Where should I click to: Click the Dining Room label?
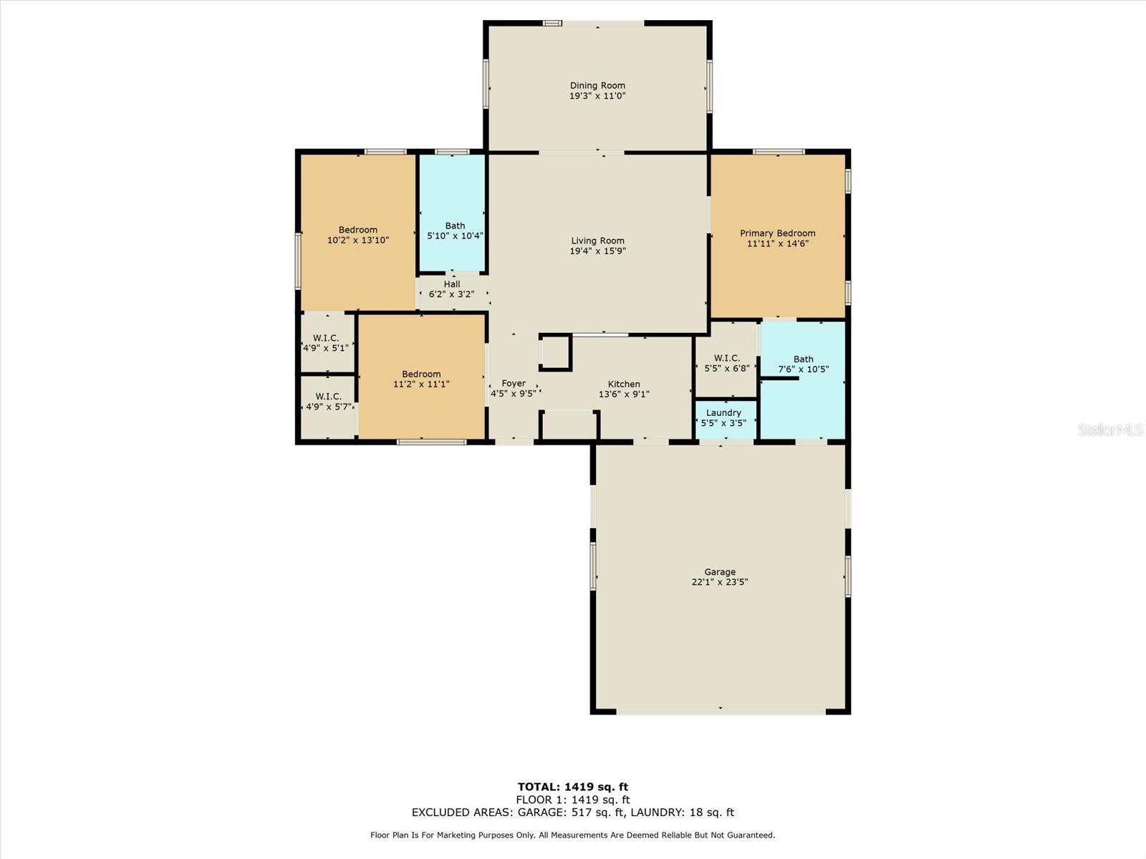(x=597, y=85)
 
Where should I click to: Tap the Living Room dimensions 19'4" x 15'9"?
(x=597, y=251)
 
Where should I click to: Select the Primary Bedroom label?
(x=777, y=233)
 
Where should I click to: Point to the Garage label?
(x=719, y=572)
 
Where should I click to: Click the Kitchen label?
(x=624, y=384)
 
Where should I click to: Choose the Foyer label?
(x=514, y=384)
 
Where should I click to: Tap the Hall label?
(x=452, y=284)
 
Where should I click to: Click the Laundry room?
(x=726, y=420)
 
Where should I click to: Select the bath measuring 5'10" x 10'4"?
(x=453, y=213)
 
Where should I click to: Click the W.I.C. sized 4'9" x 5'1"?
(x=327, y=343)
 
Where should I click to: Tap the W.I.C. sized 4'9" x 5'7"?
(x=328, y=407)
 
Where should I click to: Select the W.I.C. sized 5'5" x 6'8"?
(x=726, y=361)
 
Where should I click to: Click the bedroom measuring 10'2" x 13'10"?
(x=357, y=233)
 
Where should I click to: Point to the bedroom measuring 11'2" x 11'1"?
(x=422, y=377)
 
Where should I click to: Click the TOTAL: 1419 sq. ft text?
(x=573, y=787)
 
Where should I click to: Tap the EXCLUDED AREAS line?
(x=573, y=812)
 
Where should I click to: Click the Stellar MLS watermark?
(x=1110, y=429)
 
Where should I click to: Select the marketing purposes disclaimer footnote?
(x=573, y=835)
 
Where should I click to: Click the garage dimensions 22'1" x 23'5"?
(x=719, y=582)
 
